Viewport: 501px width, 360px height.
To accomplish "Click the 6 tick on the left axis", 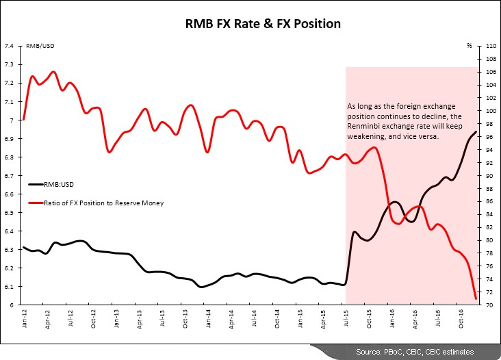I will (12, 305).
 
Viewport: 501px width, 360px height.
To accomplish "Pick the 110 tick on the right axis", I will (490, 46).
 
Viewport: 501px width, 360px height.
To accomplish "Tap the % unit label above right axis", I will (470, 46).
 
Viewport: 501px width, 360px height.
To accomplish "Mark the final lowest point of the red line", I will (476, 298).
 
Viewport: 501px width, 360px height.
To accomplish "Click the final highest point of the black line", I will (476, 131).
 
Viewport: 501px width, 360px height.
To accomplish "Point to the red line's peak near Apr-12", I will (53, 71).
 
